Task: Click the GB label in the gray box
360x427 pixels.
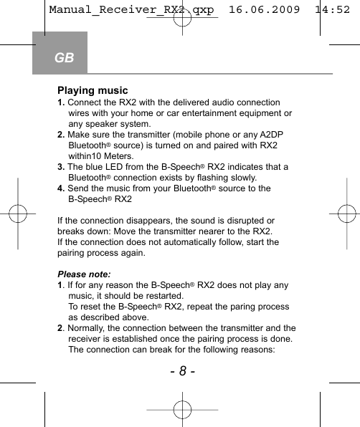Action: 64,57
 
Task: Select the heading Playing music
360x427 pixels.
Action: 93,91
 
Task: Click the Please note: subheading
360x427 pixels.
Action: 84,274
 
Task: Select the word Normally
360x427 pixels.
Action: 88,328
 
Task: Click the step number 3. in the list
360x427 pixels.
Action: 61,167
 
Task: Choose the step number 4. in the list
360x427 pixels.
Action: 61,188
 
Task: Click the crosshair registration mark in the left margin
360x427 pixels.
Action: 18,214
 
